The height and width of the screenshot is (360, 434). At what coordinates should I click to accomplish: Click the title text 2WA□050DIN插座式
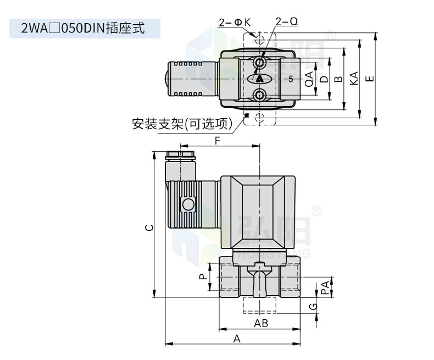(83, 28)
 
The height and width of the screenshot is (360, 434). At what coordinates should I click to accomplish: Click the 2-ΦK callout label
(235, 22)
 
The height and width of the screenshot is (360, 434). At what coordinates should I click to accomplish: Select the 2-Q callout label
(287, 21)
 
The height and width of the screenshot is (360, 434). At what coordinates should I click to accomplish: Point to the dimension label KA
(354, 79)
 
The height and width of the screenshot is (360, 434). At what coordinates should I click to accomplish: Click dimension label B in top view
(338, 79)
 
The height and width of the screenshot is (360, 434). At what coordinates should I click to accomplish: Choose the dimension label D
(324, 79)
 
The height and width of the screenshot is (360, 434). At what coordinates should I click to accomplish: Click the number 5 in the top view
(291, 79)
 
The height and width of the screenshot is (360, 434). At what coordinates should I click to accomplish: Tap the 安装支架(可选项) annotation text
(182, 124)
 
